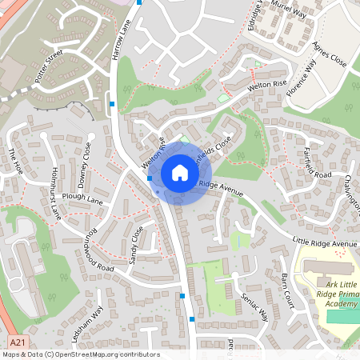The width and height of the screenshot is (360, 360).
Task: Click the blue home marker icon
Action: [x=180, y=172]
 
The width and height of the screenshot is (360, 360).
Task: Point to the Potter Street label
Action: [x=49, y=66]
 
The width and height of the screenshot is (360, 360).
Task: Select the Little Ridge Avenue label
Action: [x=324, y=242]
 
